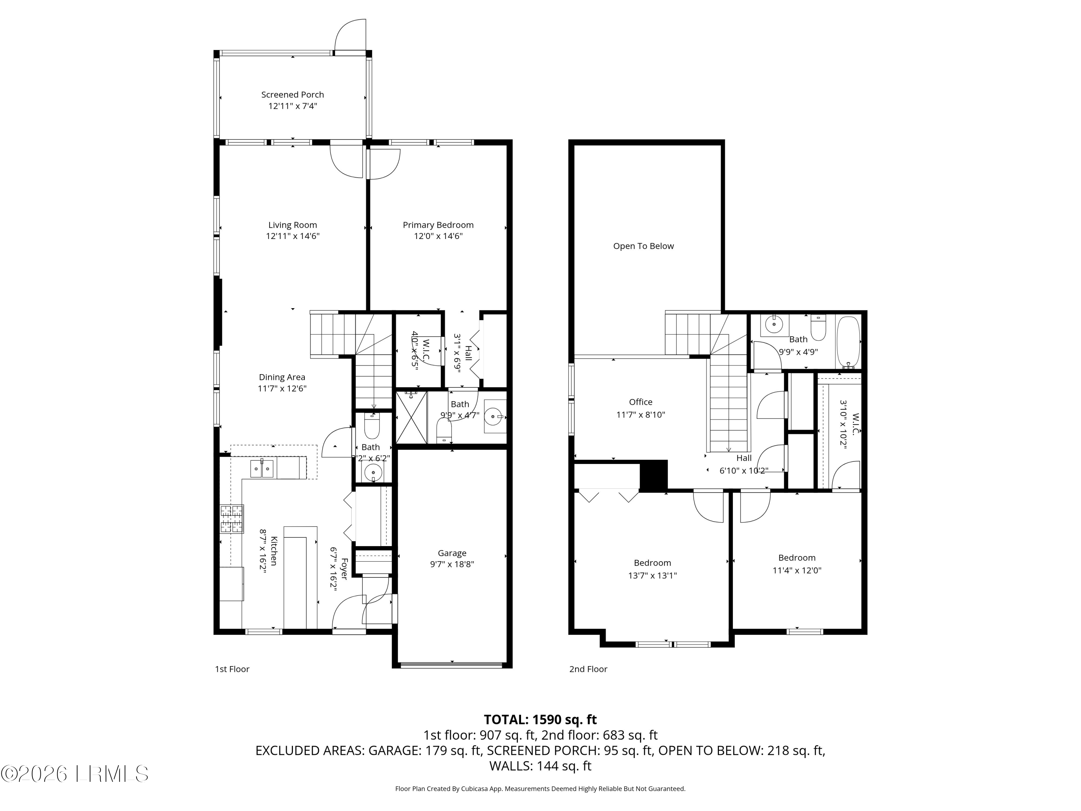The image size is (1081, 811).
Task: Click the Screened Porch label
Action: (x=292, y=95)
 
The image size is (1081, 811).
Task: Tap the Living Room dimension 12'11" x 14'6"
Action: (x=292, y=236)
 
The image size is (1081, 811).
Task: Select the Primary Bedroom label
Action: (x=438, y=225)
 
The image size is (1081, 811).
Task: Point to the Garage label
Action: (x=451, y=553)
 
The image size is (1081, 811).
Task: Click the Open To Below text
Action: (x=643, y=246)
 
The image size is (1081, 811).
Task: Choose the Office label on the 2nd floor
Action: (x=640, y=402)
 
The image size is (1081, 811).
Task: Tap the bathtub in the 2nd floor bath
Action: (x=848, y=342)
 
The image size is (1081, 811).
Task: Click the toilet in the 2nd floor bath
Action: (x=818, y=328)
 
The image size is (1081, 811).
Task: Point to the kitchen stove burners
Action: (x=232, y=519)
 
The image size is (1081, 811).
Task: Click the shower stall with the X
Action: (x=411, y=417)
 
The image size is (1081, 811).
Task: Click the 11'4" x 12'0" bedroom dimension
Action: (x=797, y=570)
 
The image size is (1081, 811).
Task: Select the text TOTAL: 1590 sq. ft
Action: (x=540, y=719)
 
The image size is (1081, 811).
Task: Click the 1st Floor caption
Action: (x=232, y=669)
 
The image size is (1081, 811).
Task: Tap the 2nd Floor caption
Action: (x=588, y=669)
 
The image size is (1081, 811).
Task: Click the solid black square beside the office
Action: (x=653, y=475)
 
